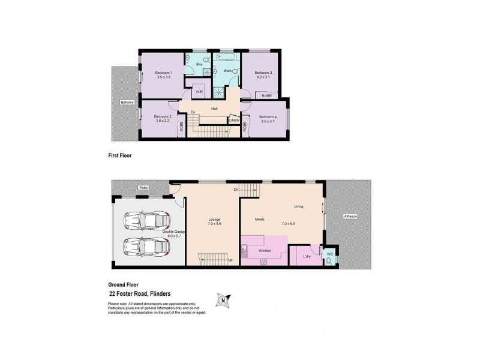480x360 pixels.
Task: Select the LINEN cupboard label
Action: coord(235,121)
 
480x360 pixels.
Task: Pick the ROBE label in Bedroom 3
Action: coord(266,95)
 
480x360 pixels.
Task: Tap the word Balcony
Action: coord(126,102)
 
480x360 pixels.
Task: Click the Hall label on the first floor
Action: coord(214,109)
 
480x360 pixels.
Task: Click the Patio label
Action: coord(143,188)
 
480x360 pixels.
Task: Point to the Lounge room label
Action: coord(215,220)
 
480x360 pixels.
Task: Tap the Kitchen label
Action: coord(265,250)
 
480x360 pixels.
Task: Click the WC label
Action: coord(329,254)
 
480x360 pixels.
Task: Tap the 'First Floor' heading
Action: coord(119,155)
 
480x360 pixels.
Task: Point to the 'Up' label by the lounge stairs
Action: coord(230,260)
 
